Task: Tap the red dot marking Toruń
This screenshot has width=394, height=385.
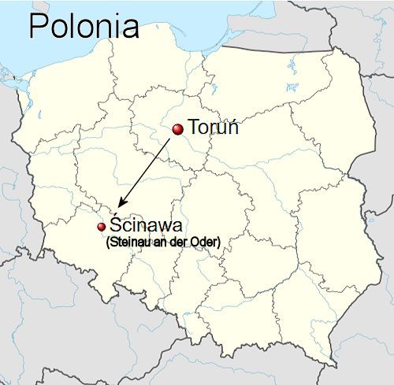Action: coord(179,128)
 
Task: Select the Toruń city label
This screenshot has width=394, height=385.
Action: coord(213,128)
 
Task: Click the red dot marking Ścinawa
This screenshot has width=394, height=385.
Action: coord(101,227)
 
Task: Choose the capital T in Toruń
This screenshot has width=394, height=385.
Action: coord(194,128)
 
